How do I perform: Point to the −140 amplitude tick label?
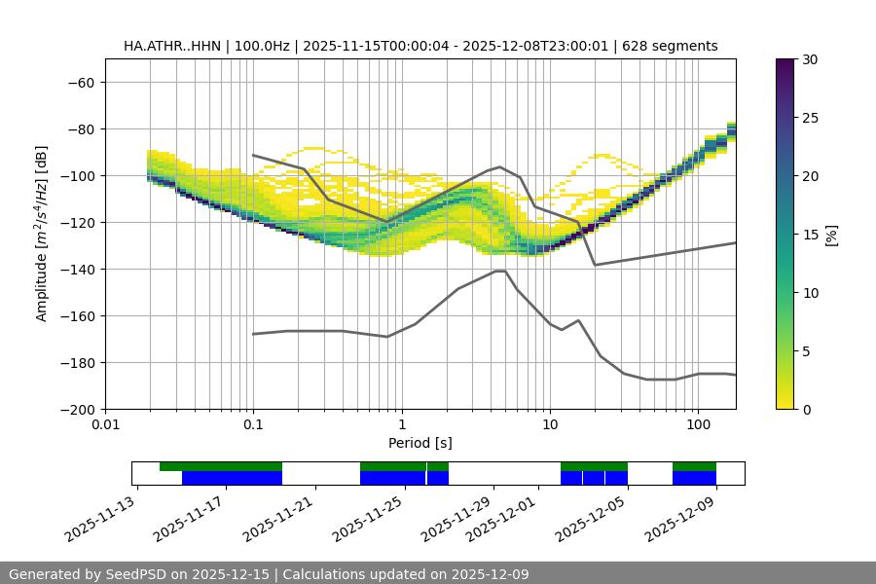[x=77, y=270]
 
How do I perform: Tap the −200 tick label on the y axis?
[x=77, y=410]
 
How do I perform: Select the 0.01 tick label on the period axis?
[x=105, y=425]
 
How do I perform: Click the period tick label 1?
[x=401, y=425]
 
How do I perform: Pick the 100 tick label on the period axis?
[x=697, y=425]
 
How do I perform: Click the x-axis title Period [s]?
[x=420, y=443]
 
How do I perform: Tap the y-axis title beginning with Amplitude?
[x=42, y=234]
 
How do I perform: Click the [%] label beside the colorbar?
[x=831, y=235]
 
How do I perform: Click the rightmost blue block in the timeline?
[x=694, y=478]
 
